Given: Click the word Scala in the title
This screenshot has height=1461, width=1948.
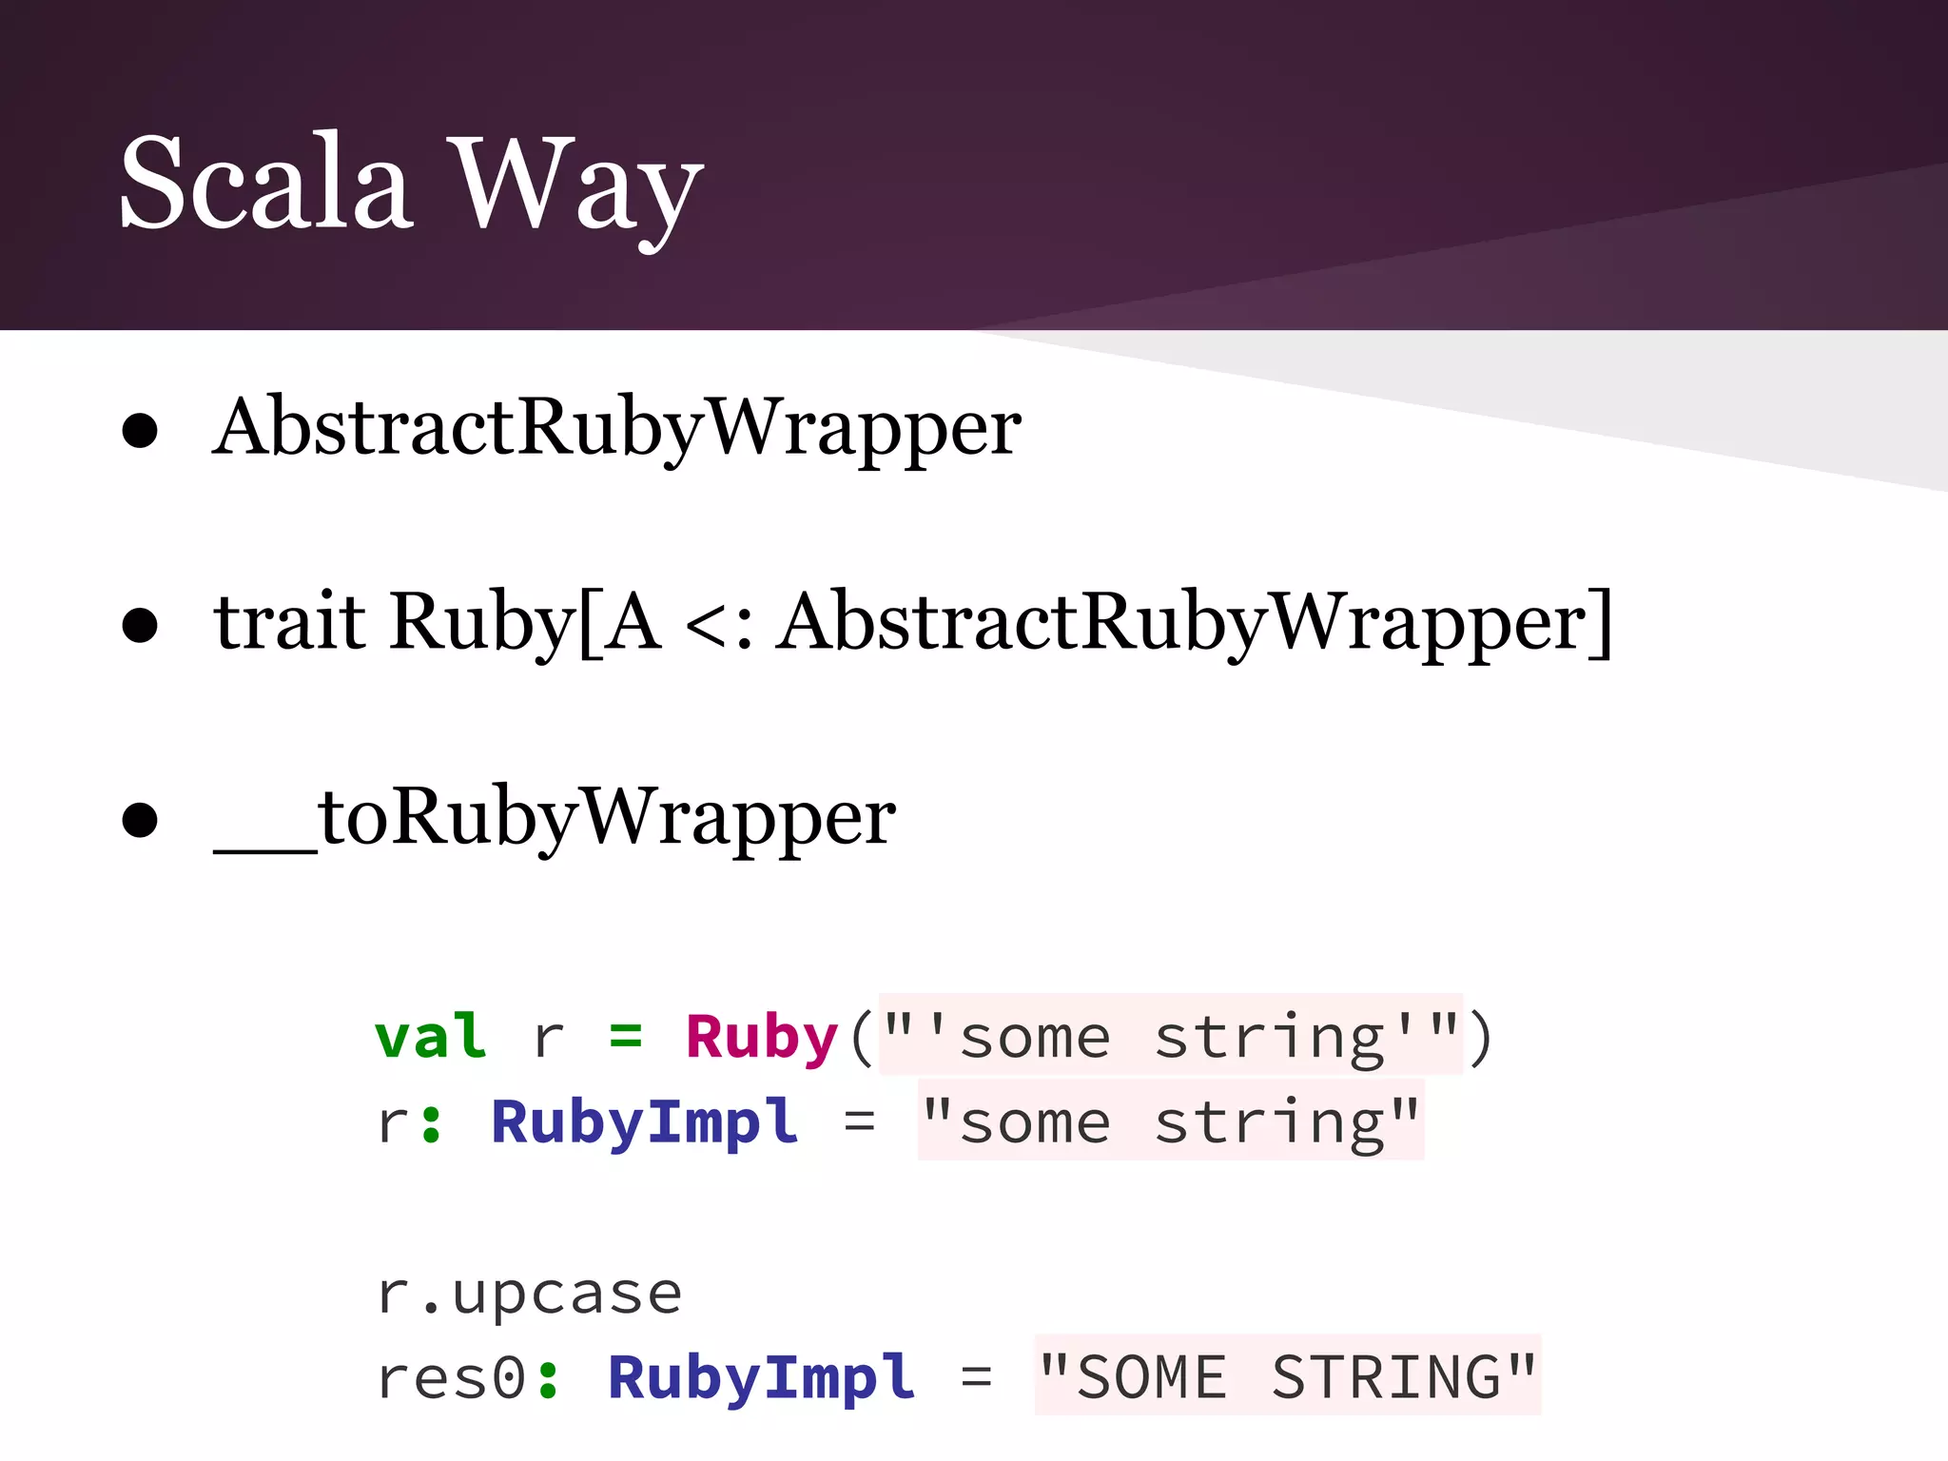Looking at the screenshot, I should tap(265, 183).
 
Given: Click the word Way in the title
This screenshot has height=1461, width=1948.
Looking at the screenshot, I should tap(575, 186).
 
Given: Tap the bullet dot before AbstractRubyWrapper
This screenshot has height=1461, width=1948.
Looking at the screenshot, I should tap(140, 430).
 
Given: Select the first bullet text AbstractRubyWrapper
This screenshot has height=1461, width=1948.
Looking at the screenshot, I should tap(616, 428).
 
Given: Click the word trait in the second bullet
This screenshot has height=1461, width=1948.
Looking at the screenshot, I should tap(289, 623).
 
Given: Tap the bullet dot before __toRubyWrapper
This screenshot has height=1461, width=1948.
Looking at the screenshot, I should tap(140, 820).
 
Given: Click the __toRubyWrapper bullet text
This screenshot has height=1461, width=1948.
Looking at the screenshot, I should tap(555, 818).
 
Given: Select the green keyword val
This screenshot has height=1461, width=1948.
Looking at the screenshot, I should tap(431, 1036).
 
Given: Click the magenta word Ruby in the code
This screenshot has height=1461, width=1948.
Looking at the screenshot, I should tap(761, 1038).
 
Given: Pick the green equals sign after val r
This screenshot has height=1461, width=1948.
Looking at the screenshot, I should tap(625, 1036).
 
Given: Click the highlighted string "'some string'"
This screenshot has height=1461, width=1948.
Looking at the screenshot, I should tap(1170, 1036).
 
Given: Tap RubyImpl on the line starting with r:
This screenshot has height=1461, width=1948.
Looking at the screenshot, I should tap(644, 1122).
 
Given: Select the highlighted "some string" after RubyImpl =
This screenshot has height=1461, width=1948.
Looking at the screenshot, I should tap(1170, 1122).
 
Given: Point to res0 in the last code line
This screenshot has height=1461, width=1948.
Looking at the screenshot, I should tap(451, 1378).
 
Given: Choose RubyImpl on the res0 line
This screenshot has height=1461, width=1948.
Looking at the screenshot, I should tap(761, 1378).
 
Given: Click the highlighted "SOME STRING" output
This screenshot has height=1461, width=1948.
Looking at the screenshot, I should tap(1287, 1378).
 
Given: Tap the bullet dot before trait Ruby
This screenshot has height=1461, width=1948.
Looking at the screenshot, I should tap(140, 625).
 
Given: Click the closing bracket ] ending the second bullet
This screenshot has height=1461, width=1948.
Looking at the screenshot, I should tap(1601, 623).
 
